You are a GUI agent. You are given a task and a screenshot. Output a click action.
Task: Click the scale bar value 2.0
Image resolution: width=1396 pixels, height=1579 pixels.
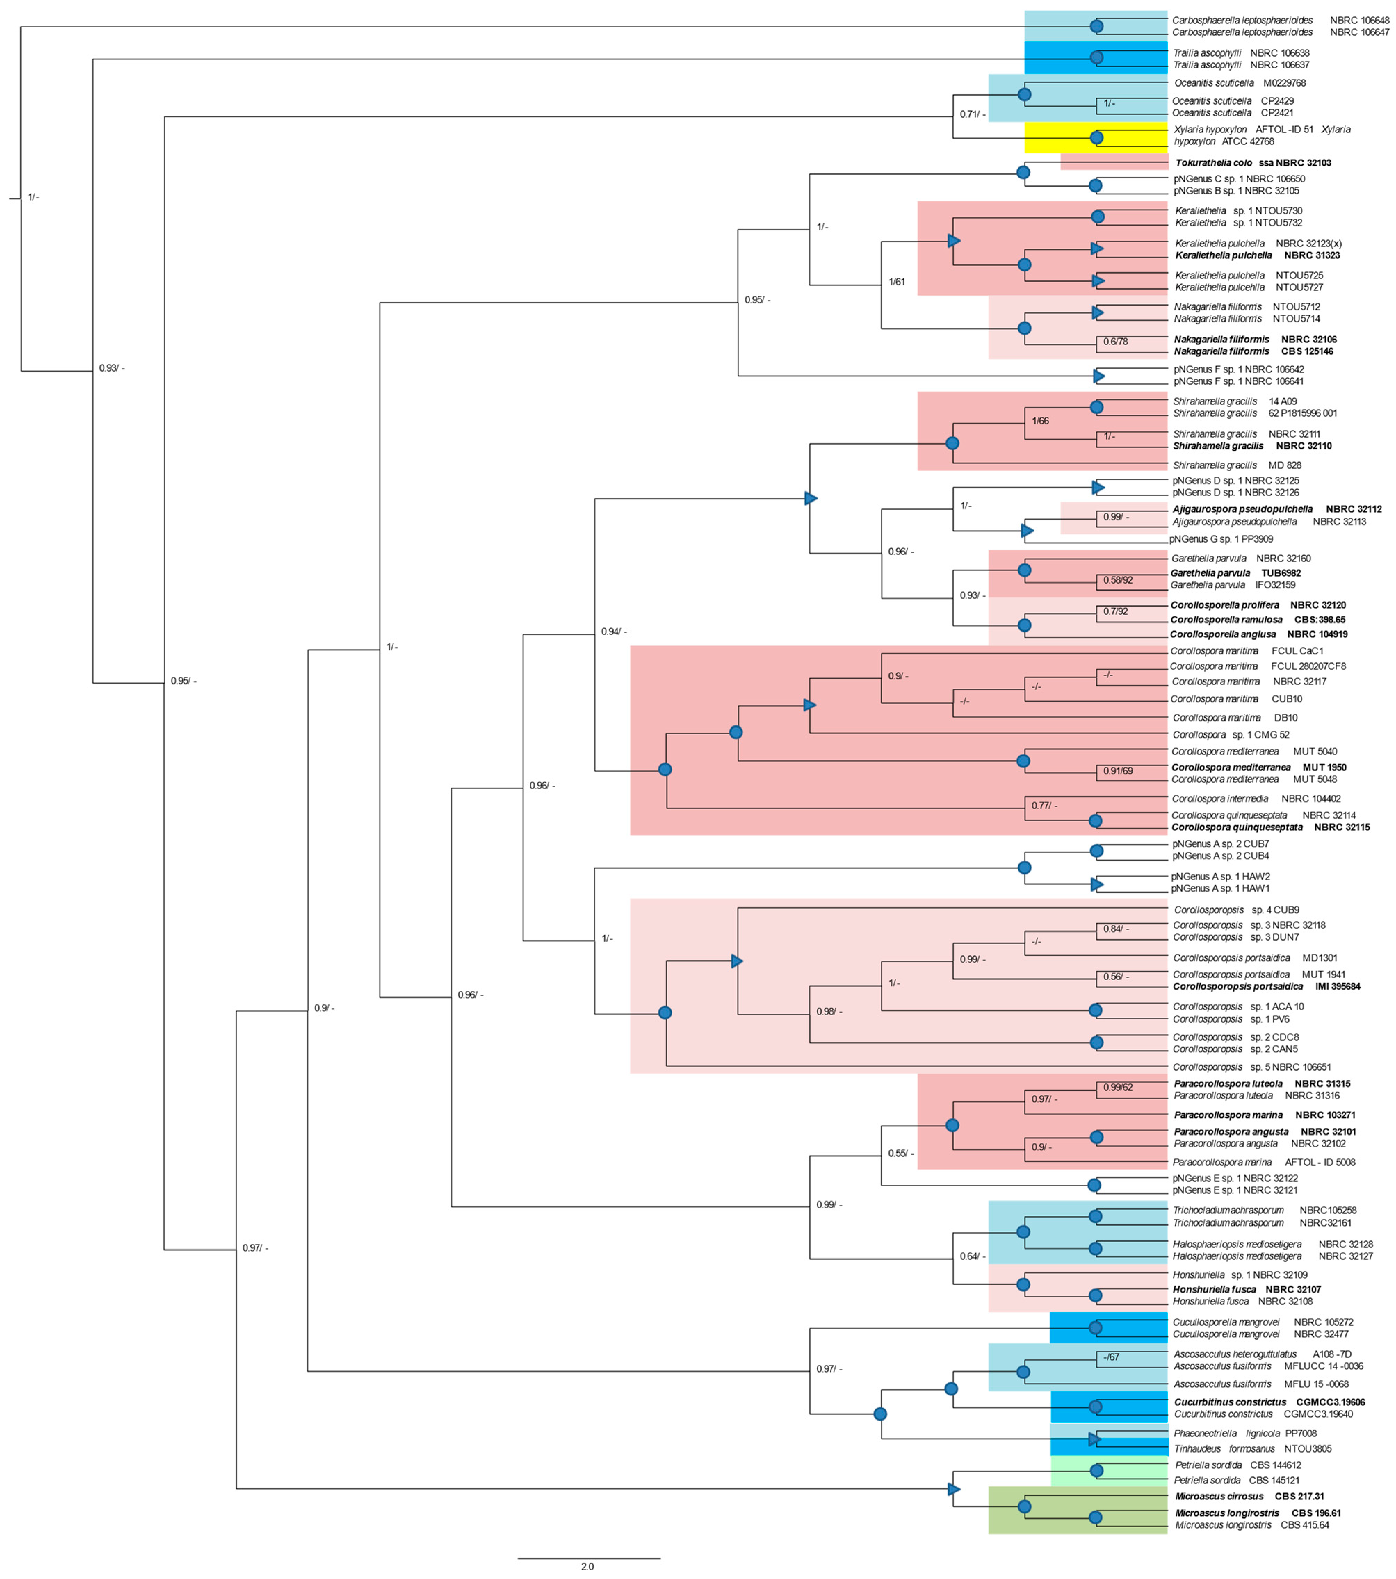tap(587, 1566)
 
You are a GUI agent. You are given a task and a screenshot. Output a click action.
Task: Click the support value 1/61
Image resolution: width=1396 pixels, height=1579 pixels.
tap(897, 282)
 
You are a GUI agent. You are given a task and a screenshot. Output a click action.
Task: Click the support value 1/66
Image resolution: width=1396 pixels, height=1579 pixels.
tap(1041, 421)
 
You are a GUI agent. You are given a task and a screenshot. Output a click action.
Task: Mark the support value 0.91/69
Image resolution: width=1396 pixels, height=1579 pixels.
tap(1118, 771)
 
